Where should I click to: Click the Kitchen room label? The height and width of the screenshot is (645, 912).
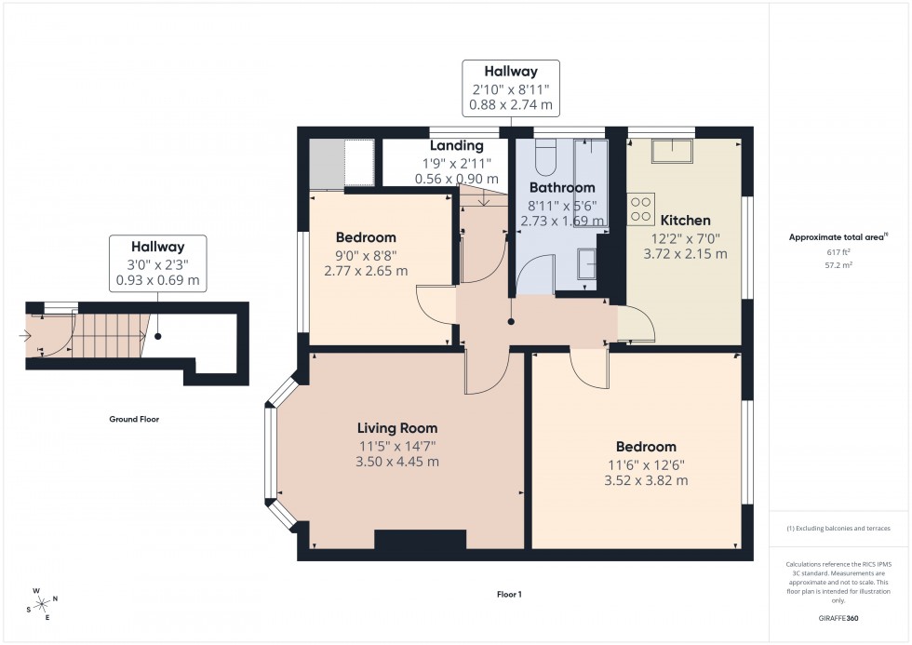tap(686, 221)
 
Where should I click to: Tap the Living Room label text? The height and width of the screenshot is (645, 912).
tap(397, 428)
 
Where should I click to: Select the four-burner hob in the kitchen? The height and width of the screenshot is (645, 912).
tap(641, 208)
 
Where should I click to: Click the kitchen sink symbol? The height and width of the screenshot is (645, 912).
tap(672, 151)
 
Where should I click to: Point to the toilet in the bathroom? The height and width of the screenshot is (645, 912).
tap(547, 152)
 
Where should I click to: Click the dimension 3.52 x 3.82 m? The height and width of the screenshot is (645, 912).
tap(646, 480)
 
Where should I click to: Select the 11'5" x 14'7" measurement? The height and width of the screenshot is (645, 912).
tap(397, 445)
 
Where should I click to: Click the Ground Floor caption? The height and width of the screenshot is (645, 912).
tap(134, 419)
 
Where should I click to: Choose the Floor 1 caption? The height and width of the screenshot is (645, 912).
tap(509, 593)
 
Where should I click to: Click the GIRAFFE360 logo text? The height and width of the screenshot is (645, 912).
tap(838, 617)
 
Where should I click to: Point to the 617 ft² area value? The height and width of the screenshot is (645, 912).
tap(839, 252)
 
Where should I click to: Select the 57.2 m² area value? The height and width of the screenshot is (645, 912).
tap(839, 264)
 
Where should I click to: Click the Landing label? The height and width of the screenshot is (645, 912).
tap(456, 146)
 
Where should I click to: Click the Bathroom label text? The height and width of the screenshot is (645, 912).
tap(562, 188)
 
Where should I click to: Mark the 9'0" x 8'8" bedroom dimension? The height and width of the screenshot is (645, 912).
tap(366, 255)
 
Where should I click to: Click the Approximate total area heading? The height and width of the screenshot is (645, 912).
tap(838, 236)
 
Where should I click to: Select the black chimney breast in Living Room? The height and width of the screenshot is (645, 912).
tap(420, 540)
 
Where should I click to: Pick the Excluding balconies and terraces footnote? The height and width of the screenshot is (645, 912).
tap(838, 528)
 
